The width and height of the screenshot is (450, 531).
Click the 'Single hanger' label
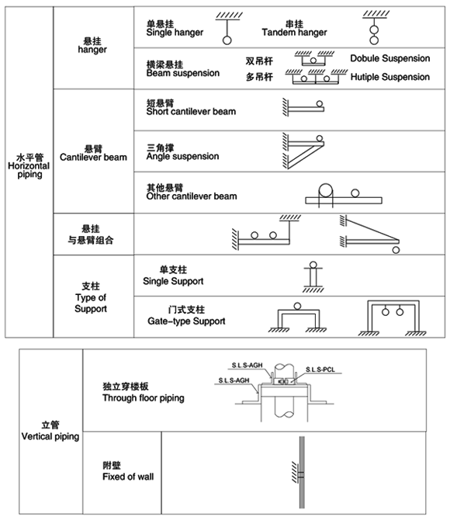coord(175,33)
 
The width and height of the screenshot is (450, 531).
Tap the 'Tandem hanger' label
coord(294,33)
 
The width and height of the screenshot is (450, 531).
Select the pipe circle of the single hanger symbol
coord(227,40)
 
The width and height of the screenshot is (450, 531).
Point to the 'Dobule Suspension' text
coord(389,58)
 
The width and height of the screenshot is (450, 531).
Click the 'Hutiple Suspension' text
coord(389,77)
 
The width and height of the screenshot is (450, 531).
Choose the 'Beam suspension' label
coord(182,73)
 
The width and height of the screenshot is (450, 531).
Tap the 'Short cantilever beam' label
coord(191,112)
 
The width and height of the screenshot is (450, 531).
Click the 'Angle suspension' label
coord(182,156)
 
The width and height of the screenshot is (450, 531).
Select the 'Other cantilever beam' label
coord(192,196)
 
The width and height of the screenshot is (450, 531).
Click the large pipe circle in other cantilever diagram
coord(326,190)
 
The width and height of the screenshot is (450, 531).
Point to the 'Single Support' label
coord(173,281)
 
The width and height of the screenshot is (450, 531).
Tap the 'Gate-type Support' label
coord(186,321)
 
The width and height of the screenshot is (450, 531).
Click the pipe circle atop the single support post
coord(313,265)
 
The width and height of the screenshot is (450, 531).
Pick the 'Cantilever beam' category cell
coord(93,157)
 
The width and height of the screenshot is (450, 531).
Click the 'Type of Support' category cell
coord(91,303)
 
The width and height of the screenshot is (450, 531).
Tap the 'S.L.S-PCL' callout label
coord(320,370)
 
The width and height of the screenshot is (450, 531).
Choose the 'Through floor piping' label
coord(144,398)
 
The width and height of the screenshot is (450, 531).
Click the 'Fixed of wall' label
coord(128,477)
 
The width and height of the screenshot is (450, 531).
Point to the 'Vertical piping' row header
coord(50,436)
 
